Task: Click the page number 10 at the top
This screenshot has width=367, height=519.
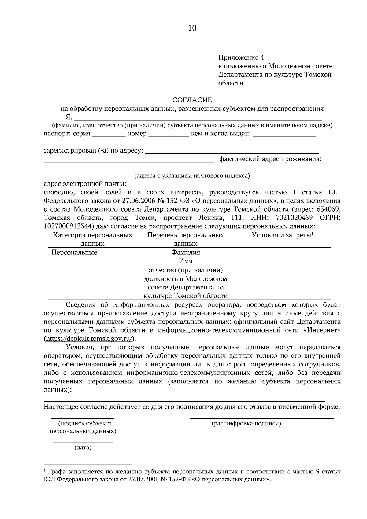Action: point(192,28)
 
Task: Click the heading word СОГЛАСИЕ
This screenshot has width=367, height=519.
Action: point(192,100)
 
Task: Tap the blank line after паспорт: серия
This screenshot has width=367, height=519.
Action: point(109,135)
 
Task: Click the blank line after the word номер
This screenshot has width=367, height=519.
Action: point(169,135)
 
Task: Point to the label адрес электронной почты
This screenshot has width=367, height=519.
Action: point(85,184)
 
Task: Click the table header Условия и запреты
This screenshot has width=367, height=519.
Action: point(282,235)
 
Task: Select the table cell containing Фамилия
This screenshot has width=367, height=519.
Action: point(185,252)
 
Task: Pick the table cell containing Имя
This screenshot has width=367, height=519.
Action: point(185,261)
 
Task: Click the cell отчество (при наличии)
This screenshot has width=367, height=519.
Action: point(185,270)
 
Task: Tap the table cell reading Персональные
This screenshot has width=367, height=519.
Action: point(74,252)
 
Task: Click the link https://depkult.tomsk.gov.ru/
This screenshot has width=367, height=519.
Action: point(89,339)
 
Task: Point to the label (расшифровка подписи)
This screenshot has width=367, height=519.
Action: point(246,423)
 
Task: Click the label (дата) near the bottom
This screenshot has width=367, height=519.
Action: point(83,448)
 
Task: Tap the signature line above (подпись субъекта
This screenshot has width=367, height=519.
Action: point(82,418)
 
